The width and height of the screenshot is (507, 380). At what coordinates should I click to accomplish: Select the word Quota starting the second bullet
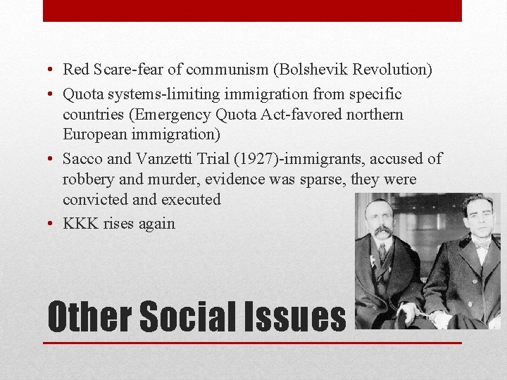coord(82,94)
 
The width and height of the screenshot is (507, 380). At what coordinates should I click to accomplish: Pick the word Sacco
coord(82,159)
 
